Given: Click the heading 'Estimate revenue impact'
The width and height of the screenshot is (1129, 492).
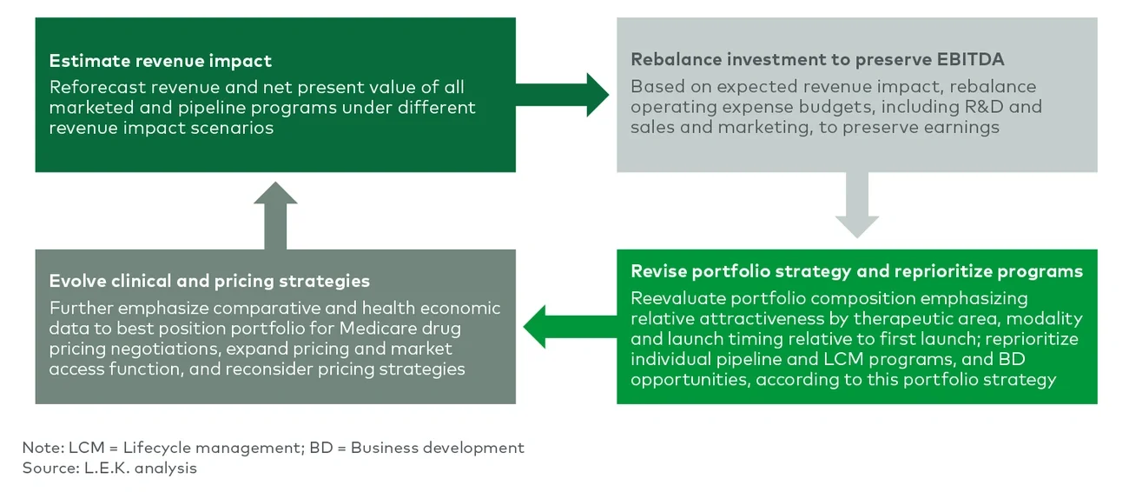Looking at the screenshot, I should pyautogui.click(x=161, y=61).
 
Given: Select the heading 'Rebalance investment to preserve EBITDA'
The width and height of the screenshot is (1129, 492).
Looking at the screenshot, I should pyautogui.click(x=817, y=60).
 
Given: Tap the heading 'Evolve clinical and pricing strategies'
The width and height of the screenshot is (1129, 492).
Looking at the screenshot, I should pyautogui.click(x=209, y=281).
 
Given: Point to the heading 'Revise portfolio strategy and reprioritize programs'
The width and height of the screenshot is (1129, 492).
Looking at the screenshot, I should pyautogui.click(x=856, y=271).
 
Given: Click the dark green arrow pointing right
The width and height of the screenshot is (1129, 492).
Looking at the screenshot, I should pyautogui.click(x=564, y=95).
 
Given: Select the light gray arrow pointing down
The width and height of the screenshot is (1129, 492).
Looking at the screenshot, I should pyautogui.click(x=856, y=205).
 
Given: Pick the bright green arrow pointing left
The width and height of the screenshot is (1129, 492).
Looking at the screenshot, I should pyautogui.click(x=569, y=327).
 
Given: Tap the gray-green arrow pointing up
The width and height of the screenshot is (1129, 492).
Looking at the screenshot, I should pyautogui.click(x=275, y=216).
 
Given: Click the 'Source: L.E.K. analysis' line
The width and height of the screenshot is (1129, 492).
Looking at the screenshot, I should pyautogui.click(x=109, y=469).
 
